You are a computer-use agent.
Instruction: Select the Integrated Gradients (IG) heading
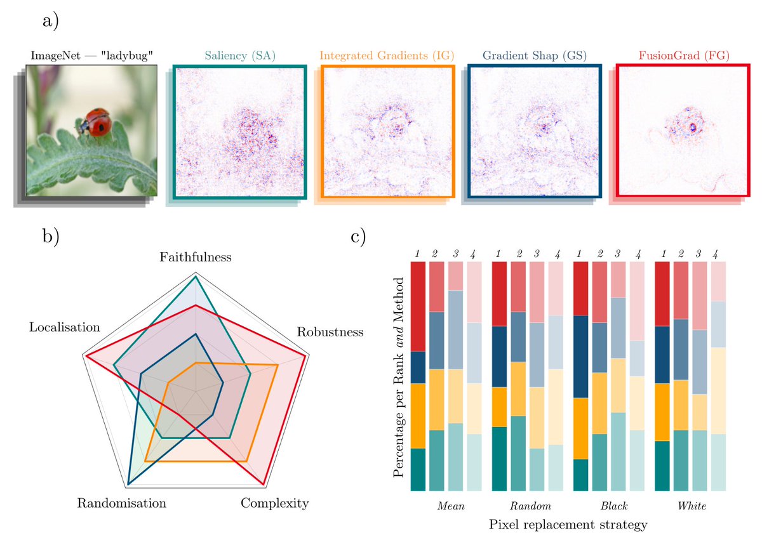click(x=387, y=56)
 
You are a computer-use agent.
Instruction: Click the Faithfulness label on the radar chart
click(x=196, y=257)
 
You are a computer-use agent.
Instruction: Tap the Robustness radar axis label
click(x=330, y=332)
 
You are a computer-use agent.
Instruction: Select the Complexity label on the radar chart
click(x=275, y=504)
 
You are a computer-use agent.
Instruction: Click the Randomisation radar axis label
click(x=122, y=504)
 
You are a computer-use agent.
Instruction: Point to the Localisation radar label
click(x=65, y=327)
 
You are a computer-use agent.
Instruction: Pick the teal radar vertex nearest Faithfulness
click(x=196, y=277)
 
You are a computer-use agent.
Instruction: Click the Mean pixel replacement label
click(x=451, y=507)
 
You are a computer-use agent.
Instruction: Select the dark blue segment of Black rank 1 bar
click(x=580, y=356)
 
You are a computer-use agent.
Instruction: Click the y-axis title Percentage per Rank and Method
click(x=398, y=376)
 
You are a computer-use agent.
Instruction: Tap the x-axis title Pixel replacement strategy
click(x=568, y=525)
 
